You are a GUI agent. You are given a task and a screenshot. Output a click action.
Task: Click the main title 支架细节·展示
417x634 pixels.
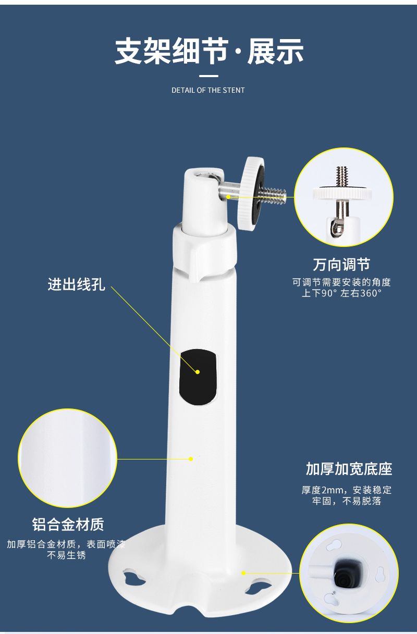pyautogui.click(x=209, y=51)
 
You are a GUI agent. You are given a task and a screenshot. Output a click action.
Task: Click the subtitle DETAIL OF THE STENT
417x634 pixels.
pyautogui.click(x=208, y=90)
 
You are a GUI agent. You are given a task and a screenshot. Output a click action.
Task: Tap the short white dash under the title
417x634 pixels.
pyautogui.click(x=208, y=76)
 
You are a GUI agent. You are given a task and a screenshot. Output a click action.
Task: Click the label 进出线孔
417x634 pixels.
pyautogui.click(x=77, y=284)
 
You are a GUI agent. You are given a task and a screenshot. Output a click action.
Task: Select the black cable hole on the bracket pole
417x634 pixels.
pyautogui.click(x=198, y=377)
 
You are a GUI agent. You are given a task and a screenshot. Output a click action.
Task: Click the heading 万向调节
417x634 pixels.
pyautogui.click(x=341, y=264)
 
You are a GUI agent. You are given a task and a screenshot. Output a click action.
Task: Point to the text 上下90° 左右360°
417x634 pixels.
pyautogui.click(x=341, y=293)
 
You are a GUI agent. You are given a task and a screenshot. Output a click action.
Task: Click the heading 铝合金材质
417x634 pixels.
pyautogui.click(x=68, y=524)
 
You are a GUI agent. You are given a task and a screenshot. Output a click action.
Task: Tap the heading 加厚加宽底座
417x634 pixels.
pyautogui.click(x=349, y=469)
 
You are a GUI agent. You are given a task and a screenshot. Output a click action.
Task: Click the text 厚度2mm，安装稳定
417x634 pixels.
pyautogui.click(x=347, y=490)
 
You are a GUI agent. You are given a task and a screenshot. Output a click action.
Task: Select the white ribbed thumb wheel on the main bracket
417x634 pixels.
pyautogui.click(x=251, y=194)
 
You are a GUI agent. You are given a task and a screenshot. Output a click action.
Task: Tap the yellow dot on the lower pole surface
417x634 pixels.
pyautogui.click(x=191, y=459)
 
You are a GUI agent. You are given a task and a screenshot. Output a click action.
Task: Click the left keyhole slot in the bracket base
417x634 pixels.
pyautogui.click(x=134, y=577)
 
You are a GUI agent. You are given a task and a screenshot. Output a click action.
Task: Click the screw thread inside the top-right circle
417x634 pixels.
pyautogui.click(x=342, y=176)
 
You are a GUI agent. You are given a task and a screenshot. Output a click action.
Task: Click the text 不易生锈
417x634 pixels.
pyautogui.click(x=66, y=555)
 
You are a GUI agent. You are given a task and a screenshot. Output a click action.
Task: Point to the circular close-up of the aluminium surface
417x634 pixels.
pyautogui.click(x=68, y=458)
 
